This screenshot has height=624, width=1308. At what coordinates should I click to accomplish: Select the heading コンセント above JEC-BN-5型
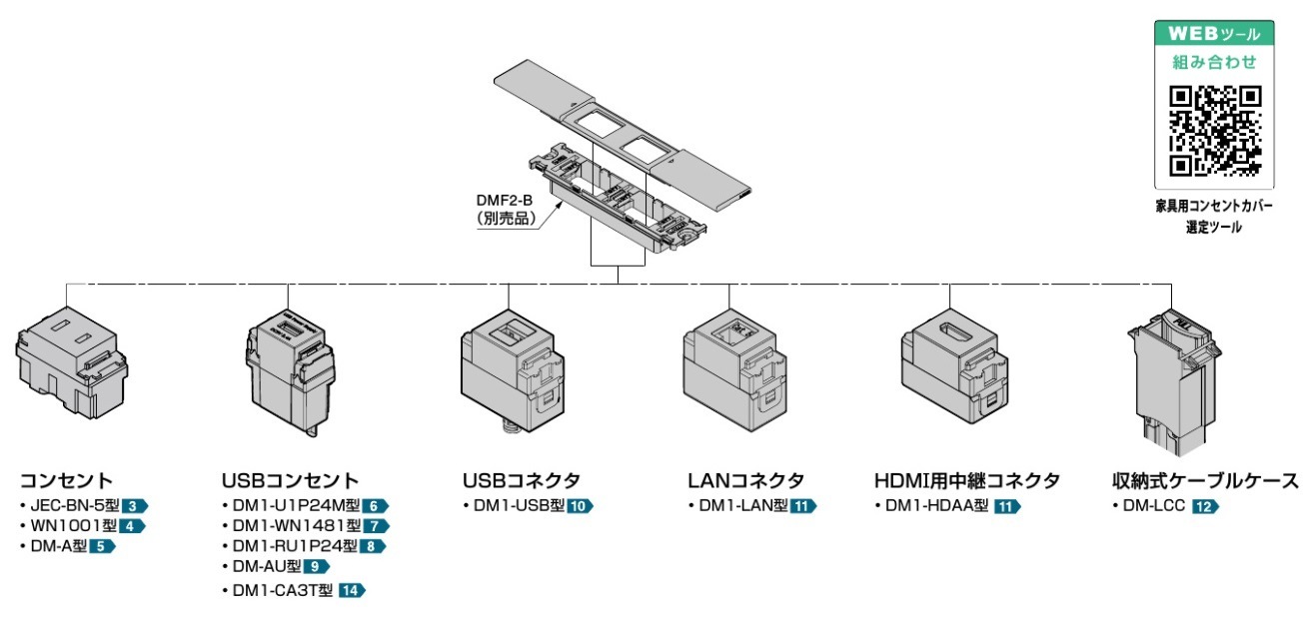[67, 480]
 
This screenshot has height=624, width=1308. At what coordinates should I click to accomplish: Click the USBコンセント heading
[290, 480]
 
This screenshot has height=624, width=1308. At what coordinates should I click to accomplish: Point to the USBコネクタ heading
[521, 480]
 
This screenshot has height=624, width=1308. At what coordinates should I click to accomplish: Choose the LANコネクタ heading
[744, 480]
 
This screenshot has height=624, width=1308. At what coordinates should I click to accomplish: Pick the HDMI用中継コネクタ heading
[966, 480]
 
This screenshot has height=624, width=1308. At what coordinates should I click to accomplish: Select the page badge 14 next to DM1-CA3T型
[352, 590]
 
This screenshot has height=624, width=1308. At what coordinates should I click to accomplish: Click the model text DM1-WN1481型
[289, 526]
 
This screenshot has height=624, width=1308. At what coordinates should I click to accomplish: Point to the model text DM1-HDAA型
[936, 506]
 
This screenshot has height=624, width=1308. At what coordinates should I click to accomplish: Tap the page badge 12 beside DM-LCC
[1205, 506]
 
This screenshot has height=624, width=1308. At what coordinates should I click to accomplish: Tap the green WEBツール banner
[1215, 33]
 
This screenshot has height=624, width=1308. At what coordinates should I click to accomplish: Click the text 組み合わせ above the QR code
[1215, 62]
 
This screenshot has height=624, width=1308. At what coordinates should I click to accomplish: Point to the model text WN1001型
[73, 526]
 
